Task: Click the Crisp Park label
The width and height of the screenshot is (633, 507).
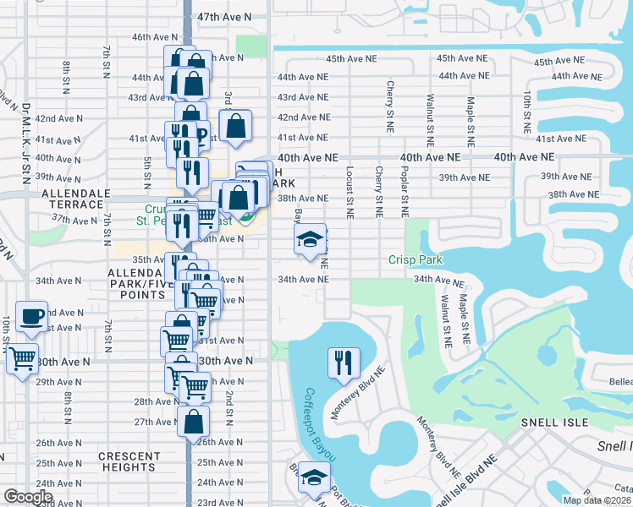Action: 415,259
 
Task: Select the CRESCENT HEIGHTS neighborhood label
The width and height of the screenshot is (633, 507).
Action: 129,462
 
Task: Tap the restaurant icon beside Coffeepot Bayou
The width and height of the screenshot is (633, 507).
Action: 344,363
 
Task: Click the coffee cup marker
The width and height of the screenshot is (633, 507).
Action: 32,316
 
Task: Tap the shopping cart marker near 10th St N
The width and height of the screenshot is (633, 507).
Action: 22,357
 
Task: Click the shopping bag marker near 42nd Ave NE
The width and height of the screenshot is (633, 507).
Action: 237,126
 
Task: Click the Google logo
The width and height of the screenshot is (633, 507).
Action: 28,497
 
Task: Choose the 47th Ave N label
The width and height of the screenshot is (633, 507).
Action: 224,17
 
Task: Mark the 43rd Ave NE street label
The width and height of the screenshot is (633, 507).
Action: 303,97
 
